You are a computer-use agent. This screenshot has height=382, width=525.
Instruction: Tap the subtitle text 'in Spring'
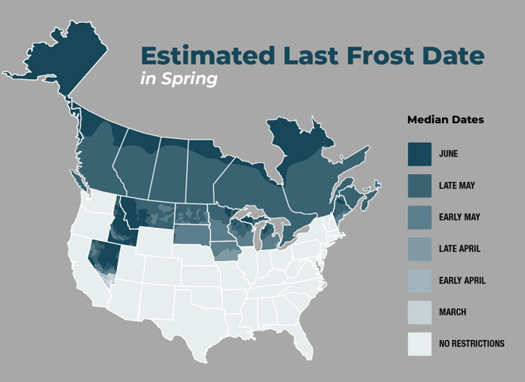[x=179, y=79]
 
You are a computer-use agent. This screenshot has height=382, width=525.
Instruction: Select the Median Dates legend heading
[x=445, y=120]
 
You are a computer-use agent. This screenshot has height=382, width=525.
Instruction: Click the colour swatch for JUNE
[x=420, y=154]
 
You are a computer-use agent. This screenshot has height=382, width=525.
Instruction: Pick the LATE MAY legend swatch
[x=420, y=186]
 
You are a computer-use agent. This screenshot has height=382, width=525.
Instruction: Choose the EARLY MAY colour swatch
[x=420, y=217]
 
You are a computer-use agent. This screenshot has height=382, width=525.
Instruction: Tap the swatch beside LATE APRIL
[x=420, y=248]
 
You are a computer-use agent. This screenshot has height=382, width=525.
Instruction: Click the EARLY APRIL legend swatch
[x=420, y=280]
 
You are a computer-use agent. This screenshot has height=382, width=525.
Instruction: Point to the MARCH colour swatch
[x=420, y=312]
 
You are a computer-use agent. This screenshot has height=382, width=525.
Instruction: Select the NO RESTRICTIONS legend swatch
[x=420, y=343]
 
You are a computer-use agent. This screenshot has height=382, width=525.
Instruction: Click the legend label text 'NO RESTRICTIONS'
[x=471, y=343]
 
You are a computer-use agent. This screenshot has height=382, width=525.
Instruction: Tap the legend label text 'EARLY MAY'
[x=459, y=217]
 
